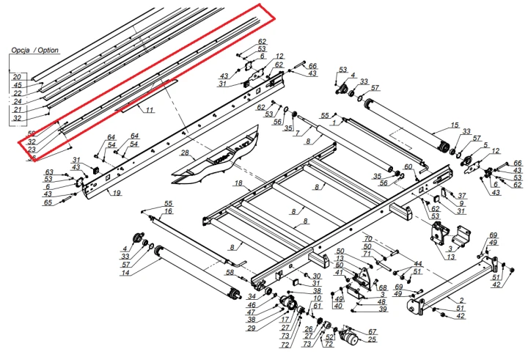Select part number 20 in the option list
[17, 76]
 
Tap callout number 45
[17, 84]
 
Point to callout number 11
[149, 110]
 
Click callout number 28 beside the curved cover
[185, 154]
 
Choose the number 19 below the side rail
[115, 193]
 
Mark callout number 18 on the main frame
[238, 182]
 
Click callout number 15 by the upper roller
[455, 125]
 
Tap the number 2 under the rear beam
[461, 301]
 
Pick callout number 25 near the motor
[373, 339]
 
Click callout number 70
[369, 239]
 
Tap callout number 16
[168, 211]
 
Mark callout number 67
[373, 331]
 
